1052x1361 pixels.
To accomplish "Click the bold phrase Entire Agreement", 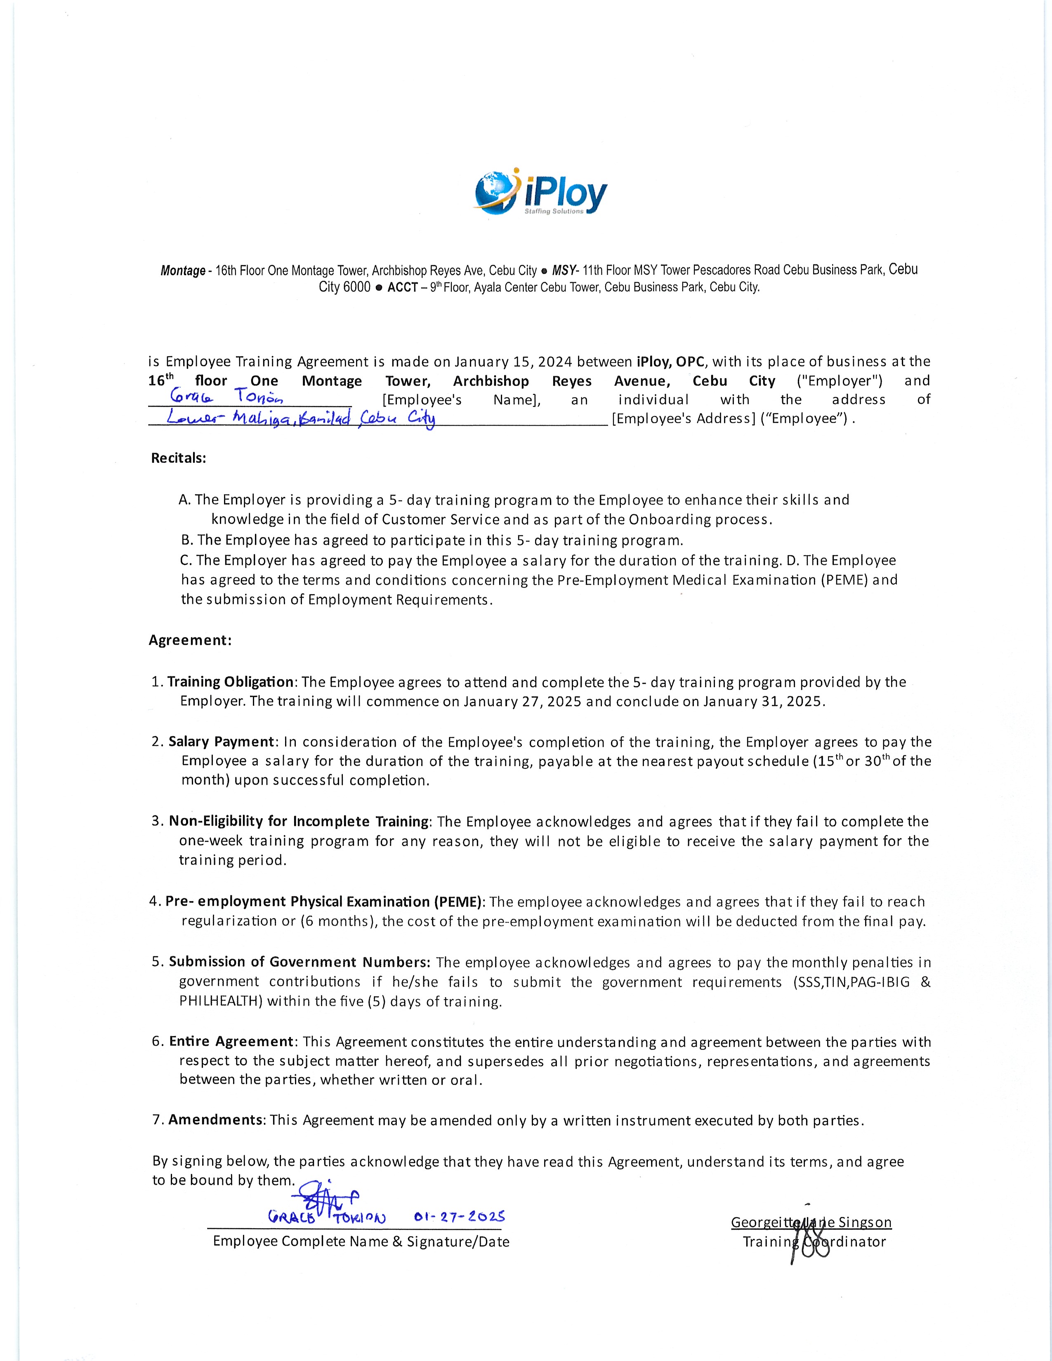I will click(x=231, y=1041).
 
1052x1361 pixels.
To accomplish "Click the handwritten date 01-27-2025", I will click(x=459, y=1216).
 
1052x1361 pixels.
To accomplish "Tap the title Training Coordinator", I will click(x=814, y=1241).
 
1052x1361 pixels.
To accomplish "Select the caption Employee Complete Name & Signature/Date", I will click(x=361, y=1241).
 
